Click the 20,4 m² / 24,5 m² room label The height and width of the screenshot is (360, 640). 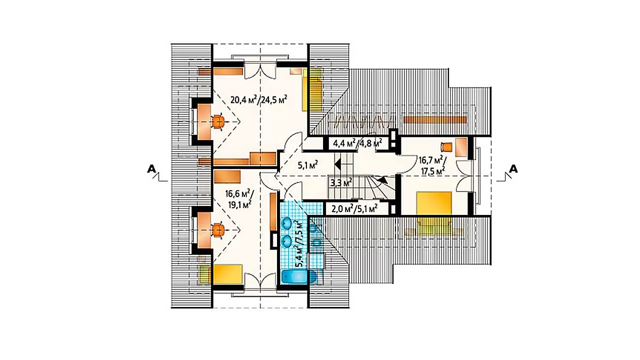point(259,99)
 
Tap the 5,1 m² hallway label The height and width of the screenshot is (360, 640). point(308,165)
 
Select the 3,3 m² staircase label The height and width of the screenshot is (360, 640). point(341,182)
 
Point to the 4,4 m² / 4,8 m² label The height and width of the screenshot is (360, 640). point(357,143)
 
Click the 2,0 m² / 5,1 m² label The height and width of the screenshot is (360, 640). point(355,208)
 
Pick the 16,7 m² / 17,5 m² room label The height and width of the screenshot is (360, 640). point(432,165)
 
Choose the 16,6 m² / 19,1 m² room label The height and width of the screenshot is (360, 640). point(238,198)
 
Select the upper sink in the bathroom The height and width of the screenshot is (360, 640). point(286,223)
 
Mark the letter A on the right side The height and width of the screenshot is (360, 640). point(513,169)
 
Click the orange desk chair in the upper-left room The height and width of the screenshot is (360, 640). point(218,122)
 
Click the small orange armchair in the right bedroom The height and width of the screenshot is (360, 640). point(446,146)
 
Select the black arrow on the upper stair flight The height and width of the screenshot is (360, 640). point(337,165)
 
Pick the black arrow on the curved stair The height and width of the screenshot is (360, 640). point(382,180)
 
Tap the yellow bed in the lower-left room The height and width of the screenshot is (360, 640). point(227,274)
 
